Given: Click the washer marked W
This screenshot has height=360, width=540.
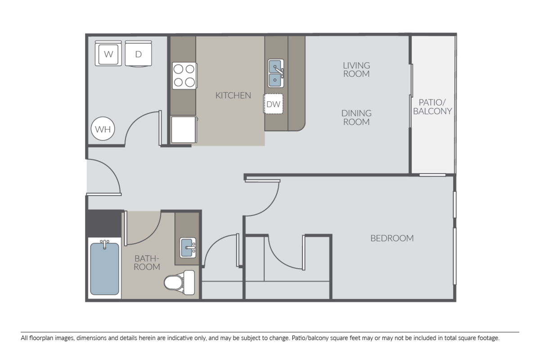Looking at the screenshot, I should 108,54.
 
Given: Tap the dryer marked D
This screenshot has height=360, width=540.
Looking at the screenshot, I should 139,54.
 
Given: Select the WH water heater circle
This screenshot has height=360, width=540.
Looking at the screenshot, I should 103,130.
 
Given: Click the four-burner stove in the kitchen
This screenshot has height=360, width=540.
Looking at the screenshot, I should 184,76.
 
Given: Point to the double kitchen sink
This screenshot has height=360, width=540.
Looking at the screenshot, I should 275,73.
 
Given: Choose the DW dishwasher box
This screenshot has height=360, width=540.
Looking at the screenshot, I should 274,104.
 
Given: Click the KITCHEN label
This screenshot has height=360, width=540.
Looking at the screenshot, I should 233,95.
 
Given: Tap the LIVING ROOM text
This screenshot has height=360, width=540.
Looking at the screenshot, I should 356,70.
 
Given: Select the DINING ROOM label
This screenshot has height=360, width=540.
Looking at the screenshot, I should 356,117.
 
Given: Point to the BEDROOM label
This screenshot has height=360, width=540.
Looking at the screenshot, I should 392,238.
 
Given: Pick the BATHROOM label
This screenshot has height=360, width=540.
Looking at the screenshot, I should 147,262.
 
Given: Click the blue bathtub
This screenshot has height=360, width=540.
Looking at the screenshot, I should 104,269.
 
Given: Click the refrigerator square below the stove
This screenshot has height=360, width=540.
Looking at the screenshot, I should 184,130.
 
